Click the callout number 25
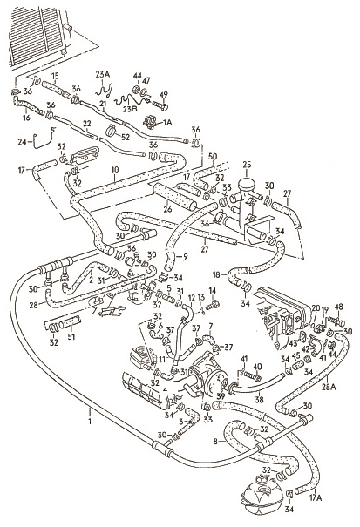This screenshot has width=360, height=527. pyautogui.click(x=247, y=165)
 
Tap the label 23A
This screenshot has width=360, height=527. pyautogui.click(x=102, y=75)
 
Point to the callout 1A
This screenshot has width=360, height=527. pyautogui.click(x=167, y=123)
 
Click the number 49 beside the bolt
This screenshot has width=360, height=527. pyautogui.click(x=164, y=95)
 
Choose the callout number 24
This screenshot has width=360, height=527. pyautogui.click(x=22, y=142)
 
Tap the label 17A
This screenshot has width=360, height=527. pyautogui.click(x=315, y=498)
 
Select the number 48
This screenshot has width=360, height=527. pyautogui.click(x=338, y=307)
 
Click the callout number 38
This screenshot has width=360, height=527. pyautogui.click(x=260, y=400)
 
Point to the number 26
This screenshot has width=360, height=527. pyautogui.click(x=168, y=209)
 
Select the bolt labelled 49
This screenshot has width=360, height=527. pyautogui.click(x=160, y=105)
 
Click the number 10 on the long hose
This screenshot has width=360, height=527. pyautogui.click(x=115, y=170)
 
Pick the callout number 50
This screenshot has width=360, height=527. pyautogui.click(x=213, y=156)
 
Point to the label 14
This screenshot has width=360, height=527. pyautogui.click(x=213, y=290)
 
